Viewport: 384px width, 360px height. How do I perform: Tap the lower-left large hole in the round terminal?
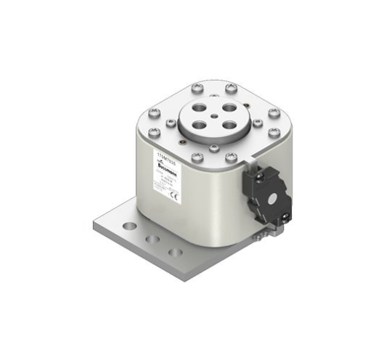tap(197, 123)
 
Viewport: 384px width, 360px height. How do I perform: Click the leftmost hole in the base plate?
tap(129, 226)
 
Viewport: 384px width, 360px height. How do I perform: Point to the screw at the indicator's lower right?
tap(287, 214)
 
